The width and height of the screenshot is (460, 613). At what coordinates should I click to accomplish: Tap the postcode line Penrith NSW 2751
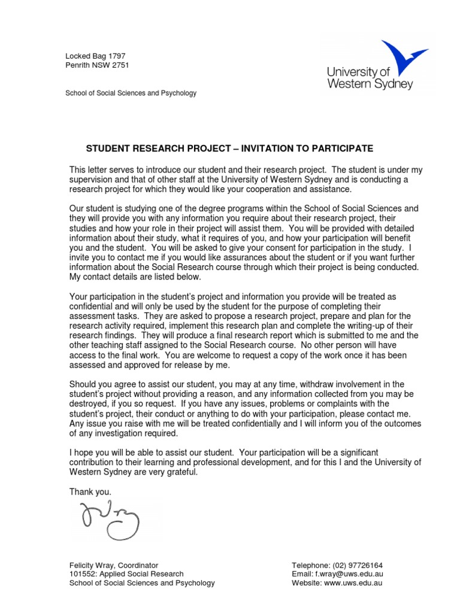(x=97, y=65)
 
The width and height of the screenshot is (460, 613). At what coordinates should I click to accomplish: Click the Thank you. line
(x=90, y=491)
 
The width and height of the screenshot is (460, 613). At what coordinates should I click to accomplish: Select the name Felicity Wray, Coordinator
(x=114, y=565)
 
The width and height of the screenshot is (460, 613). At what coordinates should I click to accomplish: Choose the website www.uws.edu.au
(x=353, y=583)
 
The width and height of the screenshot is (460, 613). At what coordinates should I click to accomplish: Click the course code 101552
(x=81, y=574)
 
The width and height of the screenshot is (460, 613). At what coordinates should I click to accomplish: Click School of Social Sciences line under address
(x=131, y=93)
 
